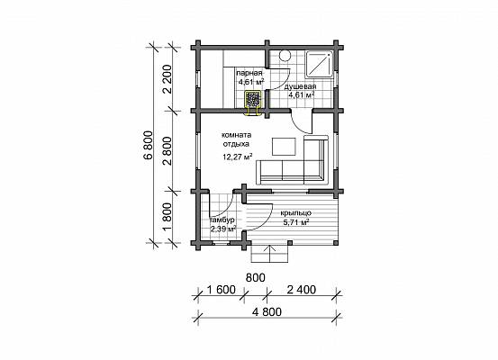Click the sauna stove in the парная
[253, 99]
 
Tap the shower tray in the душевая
[320, 64]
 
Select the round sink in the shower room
[285, 55]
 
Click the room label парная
[249, 73]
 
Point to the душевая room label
[300, 86]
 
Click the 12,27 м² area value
[238, 157]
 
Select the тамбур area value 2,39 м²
[223, 229]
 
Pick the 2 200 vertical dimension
[168, 78]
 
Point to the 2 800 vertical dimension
[168, 151]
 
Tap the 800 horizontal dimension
[256, 278]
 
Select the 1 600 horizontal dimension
[221, 290]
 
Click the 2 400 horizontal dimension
[302, 290]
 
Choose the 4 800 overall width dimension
[267, 312]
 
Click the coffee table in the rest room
[284, 146]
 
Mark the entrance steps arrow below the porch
[270, 253]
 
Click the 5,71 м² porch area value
[296, 222]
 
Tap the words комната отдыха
[236, 139]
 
